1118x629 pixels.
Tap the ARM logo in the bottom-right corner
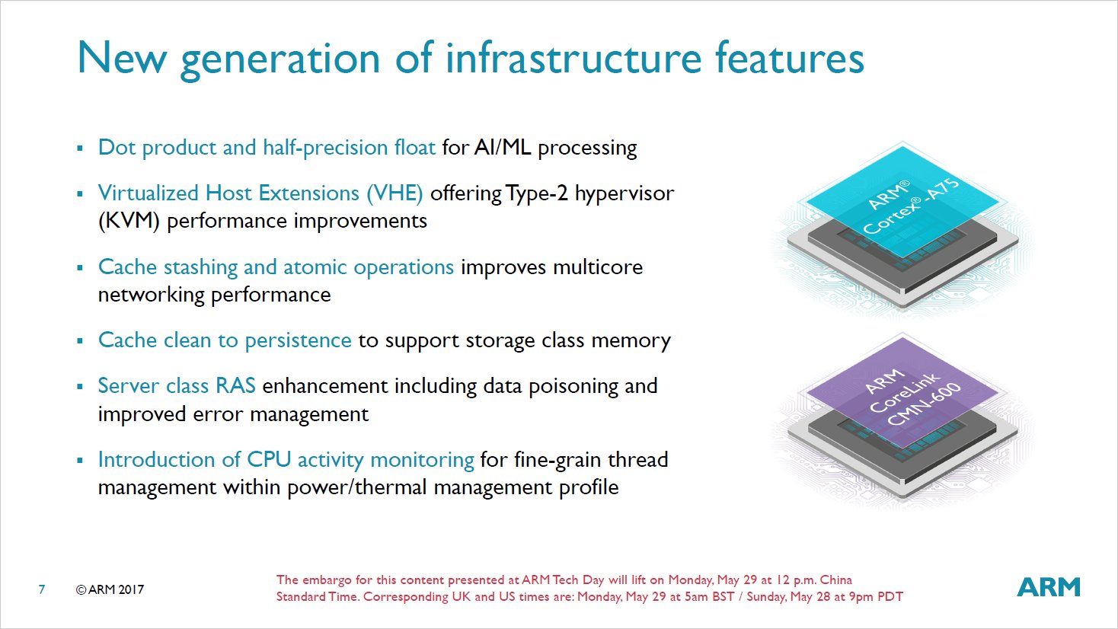click(x=1049, y=586)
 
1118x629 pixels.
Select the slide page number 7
click(x=42, y=589)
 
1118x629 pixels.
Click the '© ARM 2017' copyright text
click(x=110, y=589)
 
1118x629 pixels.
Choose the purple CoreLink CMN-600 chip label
click(x=903, y=392)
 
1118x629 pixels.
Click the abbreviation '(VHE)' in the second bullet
click(x=394, y=193)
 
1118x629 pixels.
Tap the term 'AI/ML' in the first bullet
click(x=503, y=148)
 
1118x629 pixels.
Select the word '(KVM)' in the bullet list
click(x=129, y=221)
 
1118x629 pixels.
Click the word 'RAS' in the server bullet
click(x=235, y=386)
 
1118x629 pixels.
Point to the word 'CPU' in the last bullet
click(x=269, y=460)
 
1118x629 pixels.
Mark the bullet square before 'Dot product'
click(x=80, y=148)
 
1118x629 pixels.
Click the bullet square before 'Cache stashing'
click(x=80, y=267)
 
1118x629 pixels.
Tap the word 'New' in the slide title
click(x=122, y=58)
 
